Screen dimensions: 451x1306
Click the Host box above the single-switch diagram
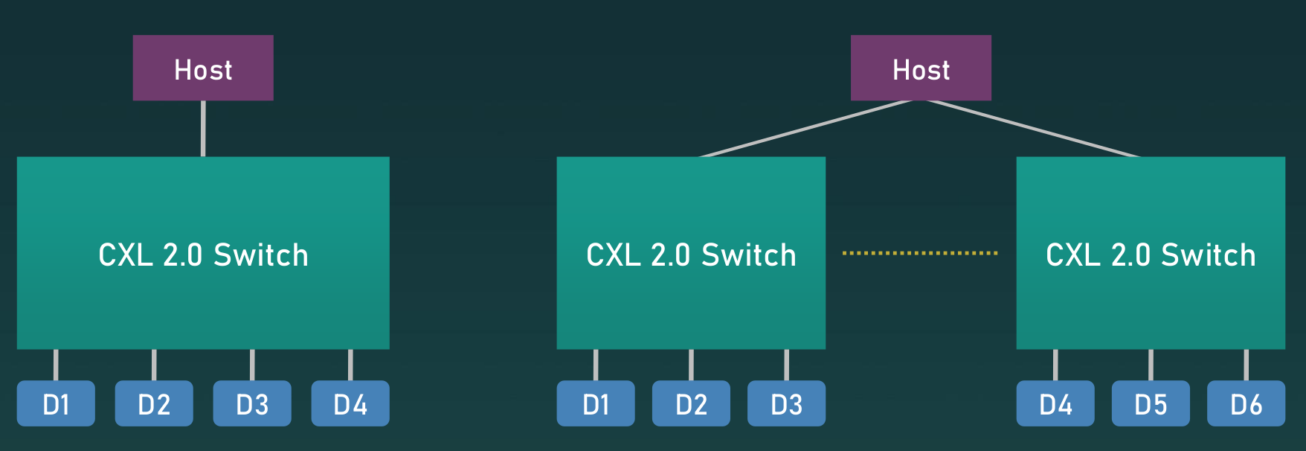click(203, 68)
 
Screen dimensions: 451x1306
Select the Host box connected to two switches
click(921, 68)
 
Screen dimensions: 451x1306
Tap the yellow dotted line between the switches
click(920, 253)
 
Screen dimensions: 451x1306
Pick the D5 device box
click(1151, 403)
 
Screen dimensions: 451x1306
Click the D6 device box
click(1246, 403)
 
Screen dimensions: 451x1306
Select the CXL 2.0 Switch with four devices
click(203, 253)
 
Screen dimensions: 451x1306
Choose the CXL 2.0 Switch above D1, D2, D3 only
click(691, 253)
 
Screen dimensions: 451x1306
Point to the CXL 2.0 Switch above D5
click(1151, 253)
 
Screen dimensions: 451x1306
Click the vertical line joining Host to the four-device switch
click(203, 128)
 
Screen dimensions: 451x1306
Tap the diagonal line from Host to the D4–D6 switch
click(1034, 128)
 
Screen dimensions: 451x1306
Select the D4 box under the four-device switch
click(350, 403)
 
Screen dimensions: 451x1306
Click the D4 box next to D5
click(1055, 403)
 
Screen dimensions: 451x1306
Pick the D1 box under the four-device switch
click(56, 403)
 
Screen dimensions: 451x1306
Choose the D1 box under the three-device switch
click(596, 403)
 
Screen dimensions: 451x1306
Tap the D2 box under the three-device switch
click(691, 403)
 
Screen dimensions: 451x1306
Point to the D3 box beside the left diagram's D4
click(252, 403)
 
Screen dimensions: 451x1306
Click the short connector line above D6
click(1246, 365)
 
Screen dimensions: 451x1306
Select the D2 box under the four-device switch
click(154, 403)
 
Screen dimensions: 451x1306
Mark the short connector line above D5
click(1151, 365)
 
